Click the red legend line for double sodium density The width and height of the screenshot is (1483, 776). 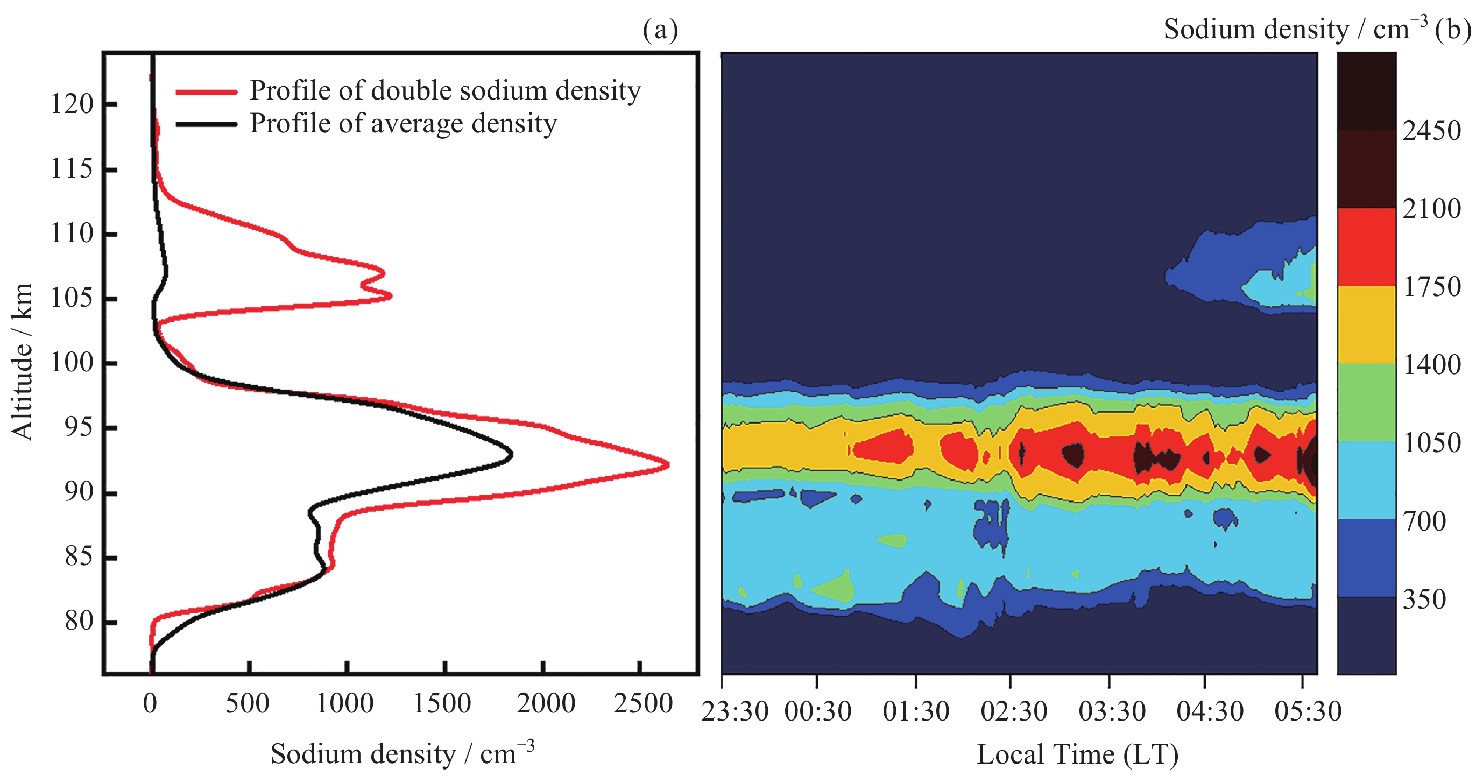click(206, 91)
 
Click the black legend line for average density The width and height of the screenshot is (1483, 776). click(206, 124)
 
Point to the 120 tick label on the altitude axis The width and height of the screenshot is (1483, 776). click(72, 104)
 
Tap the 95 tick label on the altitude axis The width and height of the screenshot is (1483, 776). click(79, 428)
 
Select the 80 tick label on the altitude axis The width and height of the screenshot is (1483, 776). click(79, 621)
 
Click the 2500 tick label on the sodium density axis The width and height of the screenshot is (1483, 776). click(642, 703)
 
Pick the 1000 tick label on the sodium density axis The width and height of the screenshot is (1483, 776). click(345, 703)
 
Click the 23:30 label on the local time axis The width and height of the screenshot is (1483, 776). click(735, 711)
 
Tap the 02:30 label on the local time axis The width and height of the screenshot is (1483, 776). click(1014, 711)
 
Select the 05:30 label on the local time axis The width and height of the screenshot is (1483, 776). click(1308, 711)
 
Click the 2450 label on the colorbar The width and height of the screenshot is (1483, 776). click(1431, 131)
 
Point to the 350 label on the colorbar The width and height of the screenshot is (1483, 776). click(1424, 599)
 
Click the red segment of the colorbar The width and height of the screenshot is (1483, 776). click(1366, 246)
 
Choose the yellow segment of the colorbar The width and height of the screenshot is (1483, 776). click(1366, 324)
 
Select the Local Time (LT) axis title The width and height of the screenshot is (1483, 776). click(1078, 754)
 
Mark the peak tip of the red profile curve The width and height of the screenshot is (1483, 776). click(668, 464)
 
